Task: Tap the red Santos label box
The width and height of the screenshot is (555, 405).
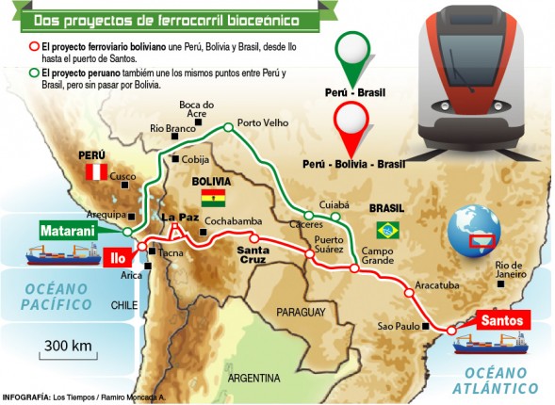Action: click(x=500, y=320)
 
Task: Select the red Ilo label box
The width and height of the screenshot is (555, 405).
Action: click(x=116, y=255)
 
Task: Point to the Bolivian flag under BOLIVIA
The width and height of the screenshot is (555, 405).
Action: click(x=214, y=198)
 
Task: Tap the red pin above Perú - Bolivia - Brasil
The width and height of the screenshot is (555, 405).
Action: click(x=351, y=127)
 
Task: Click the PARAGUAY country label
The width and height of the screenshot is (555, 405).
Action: click(x=300, y=311)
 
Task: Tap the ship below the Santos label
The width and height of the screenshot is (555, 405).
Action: click(x=485, y=346)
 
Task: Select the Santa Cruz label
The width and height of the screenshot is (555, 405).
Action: click(x=253, y=256)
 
